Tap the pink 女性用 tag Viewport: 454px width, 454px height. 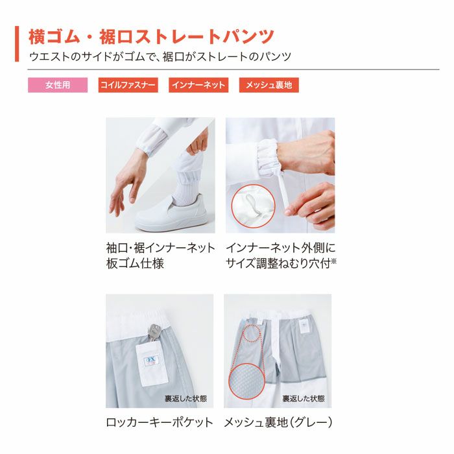point(57,86)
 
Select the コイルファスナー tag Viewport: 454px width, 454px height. point(128,86)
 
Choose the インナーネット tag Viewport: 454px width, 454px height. point(198,86)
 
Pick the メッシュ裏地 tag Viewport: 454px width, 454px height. point(269,86)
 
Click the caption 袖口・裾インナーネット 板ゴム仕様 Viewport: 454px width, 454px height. point(160,256)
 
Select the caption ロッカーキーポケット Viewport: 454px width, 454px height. point(160,422)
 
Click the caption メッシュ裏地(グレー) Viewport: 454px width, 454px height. point(278,422)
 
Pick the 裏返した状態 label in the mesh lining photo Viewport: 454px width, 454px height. point(304,398)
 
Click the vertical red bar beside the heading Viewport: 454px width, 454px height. point(17,44)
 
